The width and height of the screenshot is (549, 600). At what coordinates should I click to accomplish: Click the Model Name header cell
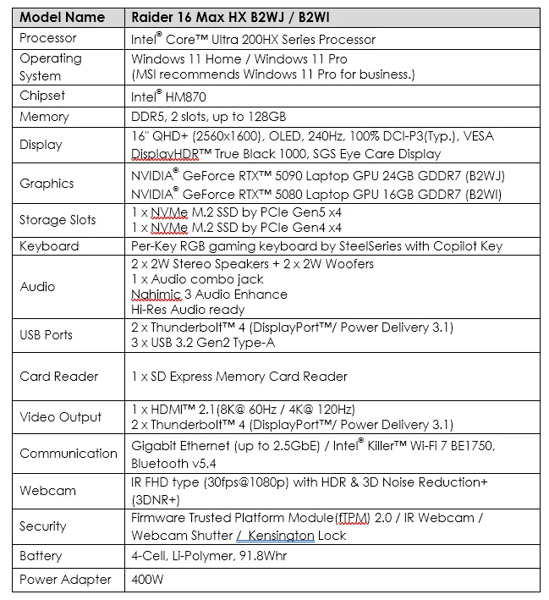[63, 17]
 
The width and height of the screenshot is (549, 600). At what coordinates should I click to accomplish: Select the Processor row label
[48, 38]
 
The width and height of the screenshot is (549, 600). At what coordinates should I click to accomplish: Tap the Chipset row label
[42, 96]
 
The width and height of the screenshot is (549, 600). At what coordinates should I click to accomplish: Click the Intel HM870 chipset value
[168, 96]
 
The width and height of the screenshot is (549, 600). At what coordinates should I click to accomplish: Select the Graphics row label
[47, 183]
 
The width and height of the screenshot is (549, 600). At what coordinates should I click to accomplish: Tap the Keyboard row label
[49, 246]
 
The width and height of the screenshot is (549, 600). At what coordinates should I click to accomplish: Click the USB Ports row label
[47, 334]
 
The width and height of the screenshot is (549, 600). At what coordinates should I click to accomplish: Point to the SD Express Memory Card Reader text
[239, 376]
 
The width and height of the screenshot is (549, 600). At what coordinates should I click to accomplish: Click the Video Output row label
[61, 416]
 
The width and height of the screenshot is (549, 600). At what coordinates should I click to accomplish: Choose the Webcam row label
[48, 490]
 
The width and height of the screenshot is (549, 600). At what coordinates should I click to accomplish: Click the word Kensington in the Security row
[281, 536]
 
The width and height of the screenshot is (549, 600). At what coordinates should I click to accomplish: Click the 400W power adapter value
[146, 580]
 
